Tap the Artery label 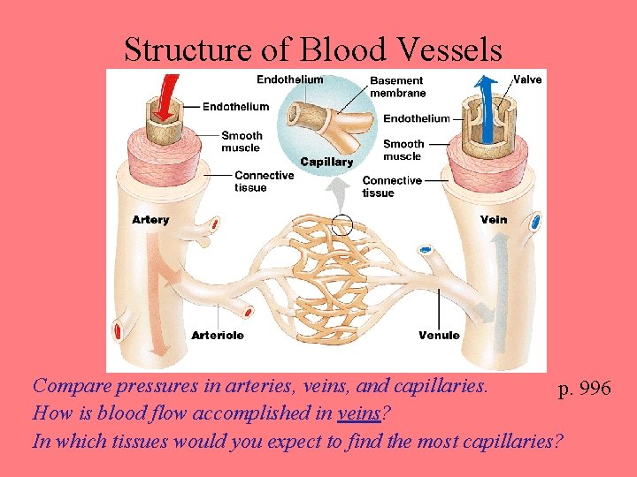(x=150, y=219)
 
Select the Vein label (x=494, y=219)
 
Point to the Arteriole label (x=218, y=336)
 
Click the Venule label (x=439, y=336)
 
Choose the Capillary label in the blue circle (x=326, y=162)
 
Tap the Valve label (x=527, y=79)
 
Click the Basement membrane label (x=397, y=87)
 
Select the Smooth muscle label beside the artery (x=241, y=141)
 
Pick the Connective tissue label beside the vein (x=391, y=186)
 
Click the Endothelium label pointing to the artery (x=235, y=107)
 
